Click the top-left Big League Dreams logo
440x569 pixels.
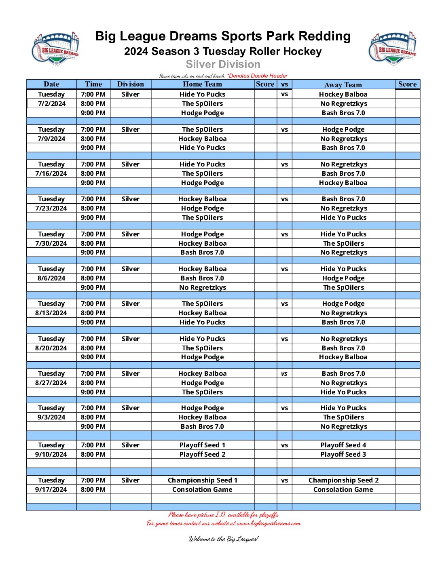[x=55, y=48]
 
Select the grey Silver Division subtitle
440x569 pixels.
[x=223, y=64]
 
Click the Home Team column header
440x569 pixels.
[x=202, y=84]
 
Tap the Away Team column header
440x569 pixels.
[x=343, y=84]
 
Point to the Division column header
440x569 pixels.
[x=130, y=84]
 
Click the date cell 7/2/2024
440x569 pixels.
[x=51, y=103]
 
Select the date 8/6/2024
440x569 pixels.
[x=51, y=278]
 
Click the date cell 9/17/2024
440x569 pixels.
[x=51, y=489]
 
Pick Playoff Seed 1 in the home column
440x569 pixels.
[x=202, y=445]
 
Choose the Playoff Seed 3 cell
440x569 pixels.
[x=343, y=454]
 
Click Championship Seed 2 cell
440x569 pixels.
[x=343, y=480]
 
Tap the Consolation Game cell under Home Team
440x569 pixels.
[x=202, y=489]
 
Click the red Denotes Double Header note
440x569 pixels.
[x=257, y=76]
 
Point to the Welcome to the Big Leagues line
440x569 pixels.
[x=223, y=539]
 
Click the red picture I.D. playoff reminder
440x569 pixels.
[x=223, y=514]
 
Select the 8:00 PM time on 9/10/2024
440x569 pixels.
[x=93, y=454]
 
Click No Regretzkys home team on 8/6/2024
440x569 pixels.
[x=202, y=287]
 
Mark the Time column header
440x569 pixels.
[x=93, y=84]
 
